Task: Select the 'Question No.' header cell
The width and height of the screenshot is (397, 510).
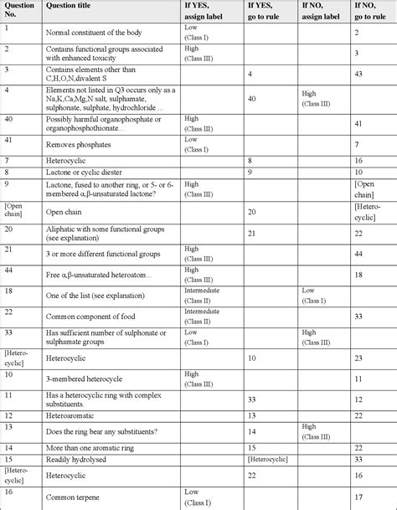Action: [x=18, y=13]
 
